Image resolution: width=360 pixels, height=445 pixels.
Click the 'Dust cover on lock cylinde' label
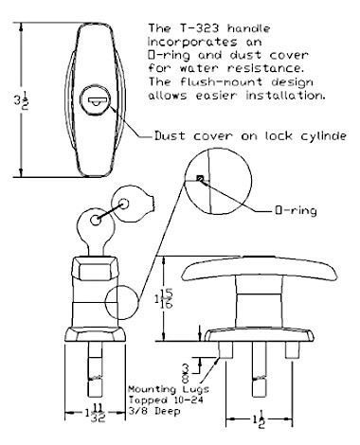click(247, 135)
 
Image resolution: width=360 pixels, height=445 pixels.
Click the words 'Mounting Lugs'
click(158, 389)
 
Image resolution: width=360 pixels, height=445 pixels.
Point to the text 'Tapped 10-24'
click(157, 398)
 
